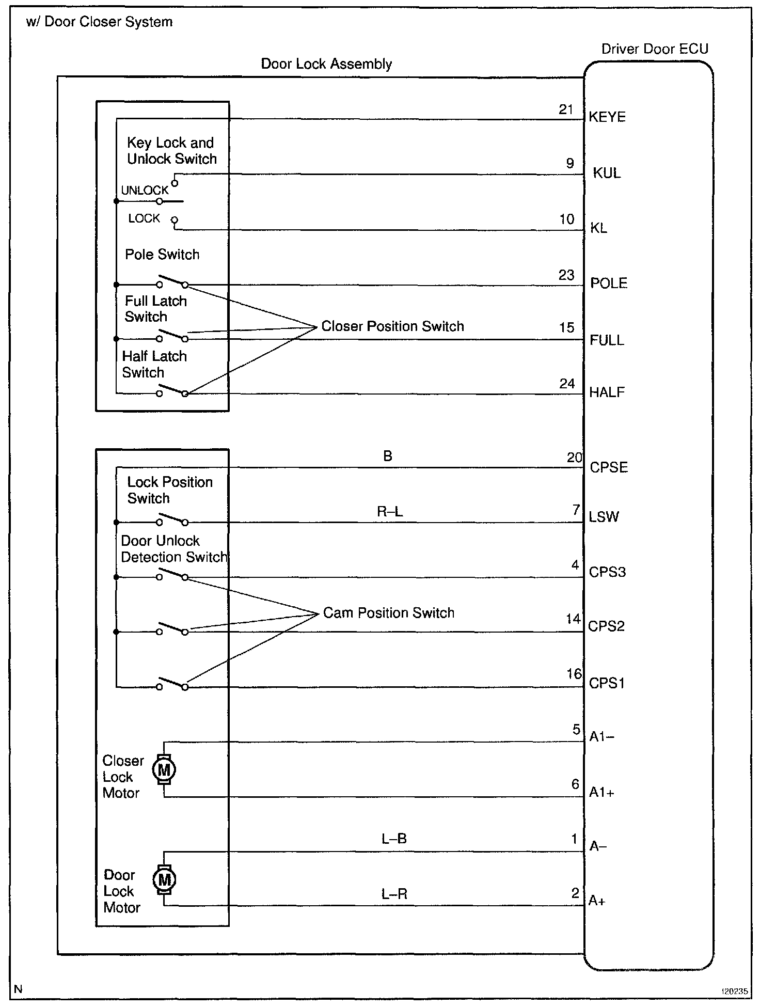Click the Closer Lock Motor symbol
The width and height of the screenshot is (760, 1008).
(x=164, y=770)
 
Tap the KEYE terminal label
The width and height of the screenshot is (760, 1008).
(x=607, y=117)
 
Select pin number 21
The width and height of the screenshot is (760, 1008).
(x=566, y=109)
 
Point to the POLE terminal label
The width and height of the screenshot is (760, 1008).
(x=609, y=283)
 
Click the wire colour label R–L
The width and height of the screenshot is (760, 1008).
(x=390, y=512)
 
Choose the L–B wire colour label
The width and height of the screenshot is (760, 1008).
(x=394, y=839)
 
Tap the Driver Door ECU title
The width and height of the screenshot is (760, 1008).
(x=655, y=49)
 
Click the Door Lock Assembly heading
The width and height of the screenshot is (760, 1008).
(x=326, y=64)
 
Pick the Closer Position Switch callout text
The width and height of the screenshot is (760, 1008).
(x=392, y=326)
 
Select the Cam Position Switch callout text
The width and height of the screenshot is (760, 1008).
(x=389, y=613)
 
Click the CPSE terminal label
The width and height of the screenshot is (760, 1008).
(x=609, y=468)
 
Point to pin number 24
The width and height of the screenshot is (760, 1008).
(x=567, y=384)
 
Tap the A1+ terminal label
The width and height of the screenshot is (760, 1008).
(x=602, y=793)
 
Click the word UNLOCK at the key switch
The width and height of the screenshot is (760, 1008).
(x=145, y=191)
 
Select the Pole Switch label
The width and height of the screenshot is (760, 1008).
(x=162, y=255)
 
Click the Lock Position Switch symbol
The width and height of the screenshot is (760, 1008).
(x=172, y=519)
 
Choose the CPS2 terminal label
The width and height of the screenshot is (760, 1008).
(x=607, y=626)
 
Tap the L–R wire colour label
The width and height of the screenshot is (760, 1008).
(x=394, y=894)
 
